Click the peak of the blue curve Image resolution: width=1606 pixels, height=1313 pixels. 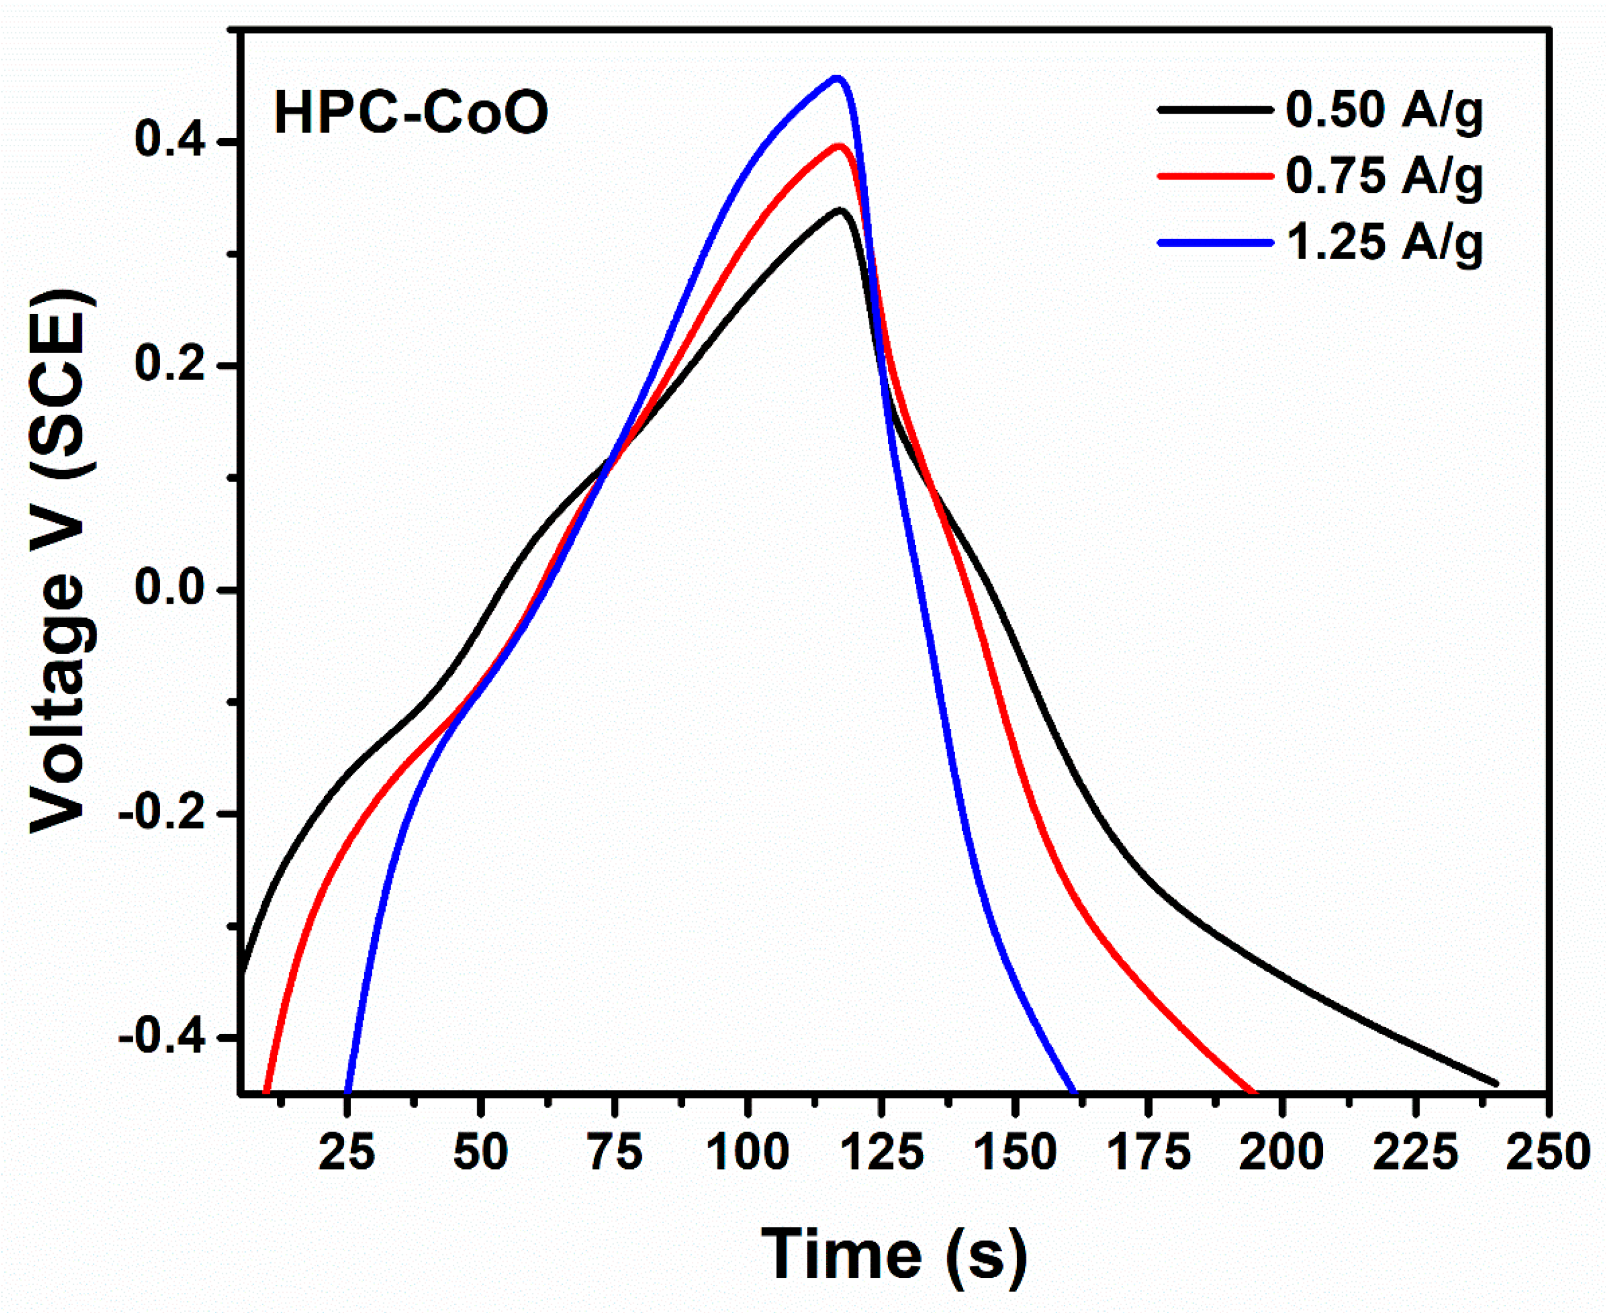pyautogui.click(x=836, y=78)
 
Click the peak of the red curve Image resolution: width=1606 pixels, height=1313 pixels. pyautogui.click(x=838, y=145)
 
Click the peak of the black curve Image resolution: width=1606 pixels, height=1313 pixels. pyautogui.click(x=839, y=210)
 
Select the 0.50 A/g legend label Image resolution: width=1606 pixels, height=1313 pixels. pyautogui.click(x=1384, y=111)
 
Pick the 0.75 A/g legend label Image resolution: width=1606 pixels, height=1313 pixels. pyautogui.click(x=1384, y=176)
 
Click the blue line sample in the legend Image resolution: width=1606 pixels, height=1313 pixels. pyautogui.click(x=1214, y=243)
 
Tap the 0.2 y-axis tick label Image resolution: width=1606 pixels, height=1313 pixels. pyautogui.click(x=171, y=365)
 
